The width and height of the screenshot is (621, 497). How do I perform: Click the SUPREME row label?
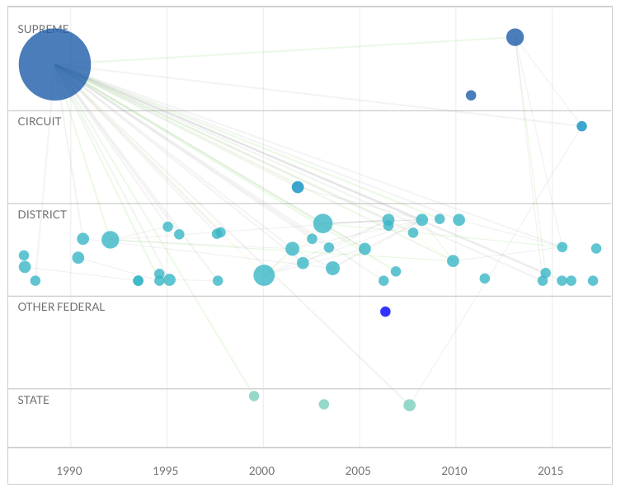[43, 29]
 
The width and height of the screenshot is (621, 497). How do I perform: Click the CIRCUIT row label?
[40, 121]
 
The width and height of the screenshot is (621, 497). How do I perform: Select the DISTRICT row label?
[42, 214]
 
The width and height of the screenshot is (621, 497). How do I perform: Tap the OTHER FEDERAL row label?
[61, 307]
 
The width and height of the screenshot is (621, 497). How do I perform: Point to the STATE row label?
[34, 400]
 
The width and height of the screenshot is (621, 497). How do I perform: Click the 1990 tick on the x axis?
[70, 471]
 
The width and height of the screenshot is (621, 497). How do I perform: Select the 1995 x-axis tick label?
[166, 471]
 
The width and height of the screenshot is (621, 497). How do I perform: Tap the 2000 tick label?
[262, 471]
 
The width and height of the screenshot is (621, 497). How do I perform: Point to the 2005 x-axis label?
[358, 471]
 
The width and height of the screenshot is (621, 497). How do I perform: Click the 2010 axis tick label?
[454, 471]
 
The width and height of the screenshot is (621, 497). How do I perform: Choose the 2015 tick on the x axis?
[550, 471]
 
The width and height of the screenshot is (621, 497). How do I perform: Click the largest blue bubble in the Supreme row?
[54, 64]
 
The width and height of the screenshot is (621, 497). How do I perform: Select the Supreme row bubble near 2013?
[515, 37]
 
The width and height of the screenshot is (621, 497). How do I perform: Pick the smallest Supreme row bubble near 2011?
[471, 96]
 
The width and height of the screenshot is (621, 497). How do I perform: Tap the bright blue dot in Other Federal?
[385, 312]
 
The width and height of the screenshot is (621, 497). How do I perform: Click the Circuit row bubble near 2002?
[298, 187]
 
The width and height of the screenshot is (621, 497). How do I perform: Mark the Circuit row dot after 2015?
[581, 126]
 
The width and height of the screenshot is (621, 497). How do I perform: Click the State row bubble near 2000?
[254, 396]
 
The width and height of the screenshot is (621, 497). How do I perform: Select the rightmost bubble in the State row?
[409, 405]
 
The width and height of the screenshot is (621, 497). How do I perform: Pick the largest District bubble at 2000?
[264, 275]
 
